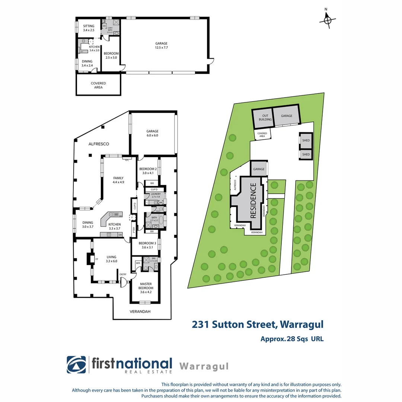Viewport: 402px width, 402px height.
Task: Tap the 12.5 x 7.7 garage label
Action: [x=161, y=45]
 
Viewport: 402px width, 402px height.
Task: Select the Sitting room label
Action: [x=89, y=28]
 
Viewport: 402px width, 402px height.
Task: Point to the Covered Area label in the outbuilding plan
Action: [x=98, y=85]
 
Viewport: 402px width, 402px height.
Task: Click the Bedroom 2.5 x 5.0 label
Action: [x=111, y=55]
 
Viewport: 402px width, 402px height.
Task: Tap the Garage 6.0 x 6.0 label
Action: [x=152, y=133]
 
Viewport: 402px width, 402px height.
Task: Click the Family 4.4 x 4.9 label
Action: [x=118, y=180]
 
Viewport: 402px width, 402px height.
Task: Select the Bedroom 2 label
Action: [x=148, y=171]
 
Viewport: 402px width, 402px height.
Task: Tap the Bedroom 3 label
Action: [x=146, y=245]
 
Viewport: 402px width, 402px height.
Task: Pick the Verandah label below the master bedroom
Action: [x=140, y=312]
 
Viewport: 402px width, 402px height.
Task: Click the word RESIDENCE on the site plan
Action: [x=253, y=200]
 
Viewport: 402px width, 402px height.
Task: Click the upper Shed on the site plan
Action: [x=306, y=140]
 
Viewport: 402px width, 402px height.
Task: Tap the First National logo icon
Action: [x=76, y=365]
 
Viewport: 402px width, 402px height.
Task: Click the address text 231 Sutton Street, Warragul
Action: [x=258, y=324]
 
